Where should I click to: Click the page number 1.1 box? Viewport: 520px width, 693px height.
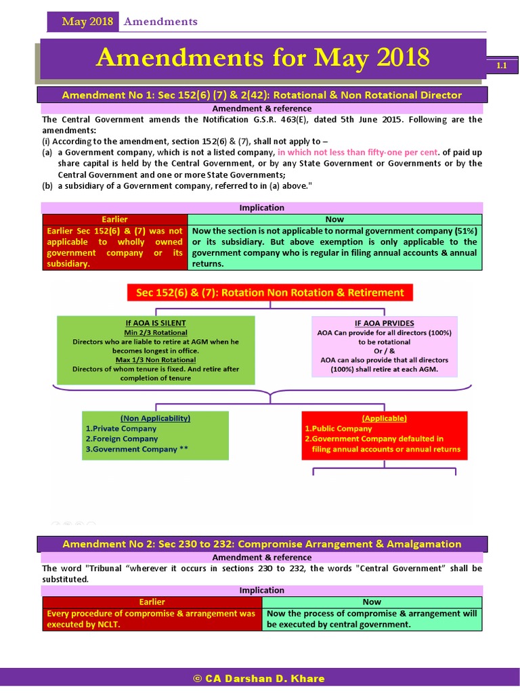(x=502, y=66)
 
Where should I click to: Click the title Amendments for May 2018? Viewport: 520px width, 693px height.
(x=263, y=58)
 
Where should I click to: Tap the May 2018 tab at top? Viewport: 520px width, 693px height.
(x=87, y=22)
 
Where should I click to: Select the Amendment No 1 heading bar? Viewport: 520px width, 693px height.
(x=261, y=95)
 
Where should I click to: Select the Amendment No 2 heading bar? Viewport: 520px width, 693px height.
(x=261, y=543)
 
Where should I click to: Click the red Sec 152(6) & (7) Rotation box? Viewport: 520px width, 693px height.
(x=269, y=292)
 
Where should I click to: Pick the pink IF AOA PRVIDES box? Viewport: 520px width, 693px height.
(x=385, y=346)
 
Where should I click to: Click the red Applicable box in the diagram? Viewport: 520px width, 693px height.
(x=384, y=434)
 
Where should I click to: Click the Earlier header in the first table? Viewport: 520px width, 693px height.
(x=114, y=219)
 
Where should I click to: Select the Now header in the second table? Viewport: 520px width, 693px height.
(x=372, y=602)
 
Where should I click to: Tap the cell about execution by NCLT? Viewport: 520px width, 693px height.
(x=152, y=619)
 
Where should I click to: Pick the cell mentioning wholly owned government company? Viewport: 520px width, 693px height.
(x=114, y=247)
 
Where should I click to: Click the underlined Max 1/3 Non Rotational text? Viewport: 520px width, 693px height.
(x=156, y=359)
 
